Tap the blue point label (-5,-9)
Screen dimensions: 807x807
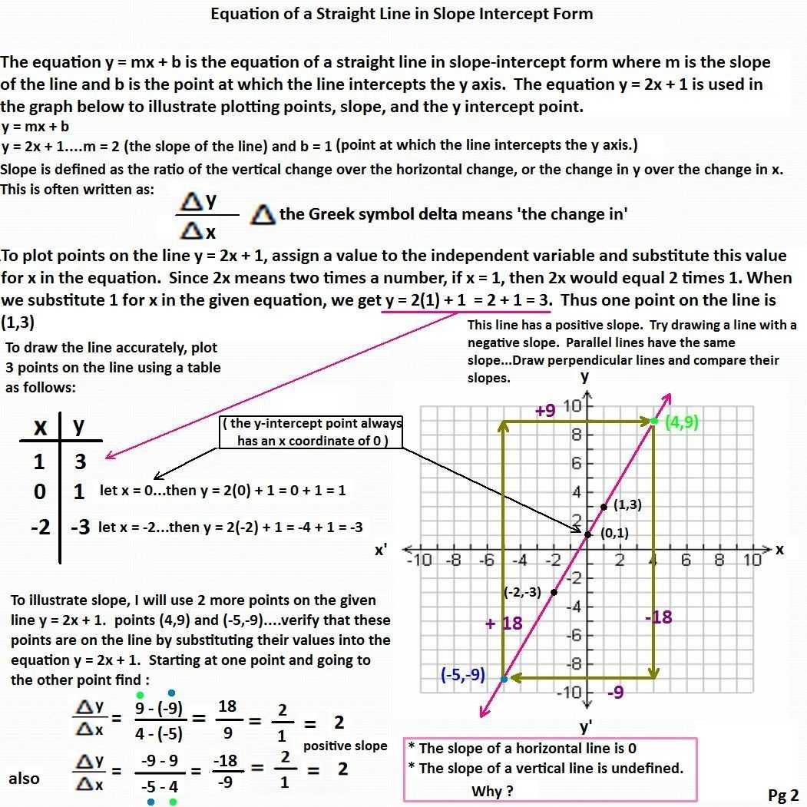[463, 675]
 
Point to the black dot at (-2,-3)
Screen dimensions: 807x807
[554, 591]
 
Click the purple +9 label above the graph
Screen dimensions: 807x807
[545, 411]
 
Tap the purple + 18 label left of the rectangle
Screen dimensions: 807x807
[504, 623]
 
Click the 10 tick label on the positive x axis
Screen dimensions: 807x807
[752, 560]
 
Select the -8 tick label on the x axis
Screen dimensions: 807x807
[453, 560]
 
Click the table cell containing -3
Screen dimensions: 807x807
[80, 528]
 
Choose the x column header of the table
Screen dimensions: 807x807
[40, 427]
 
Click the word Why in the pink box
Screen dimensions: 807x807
[487, 791]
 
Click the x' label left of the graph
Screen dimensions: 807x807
[381, 551]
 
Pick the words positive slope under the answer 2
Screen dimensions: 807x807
[346, 746]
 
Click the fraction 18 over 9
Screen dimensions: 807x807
[227, 720]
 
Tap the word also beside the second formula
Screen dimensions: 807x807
[24, 779]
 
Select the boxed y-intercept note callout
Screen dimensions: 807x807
[311, 432]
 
